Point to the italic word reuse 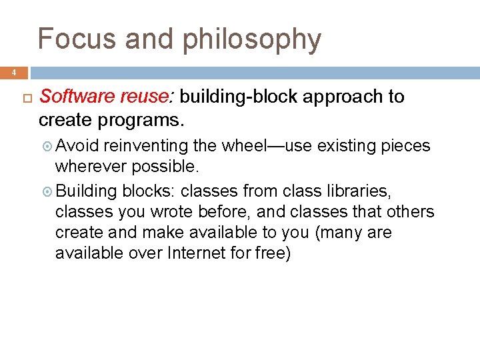(x=146, y=97)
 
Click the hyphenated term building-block (x=239, y=97)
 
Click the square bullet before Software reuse (x=27, y=97)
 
